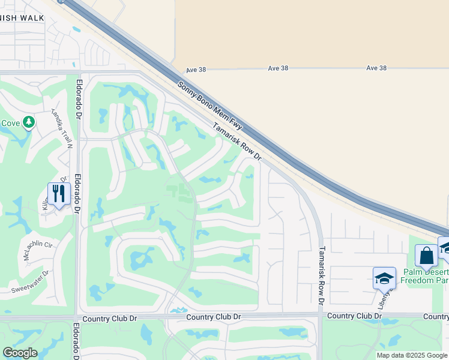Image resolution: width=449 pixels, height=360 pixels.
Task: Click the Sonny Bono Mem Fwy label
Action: tap(210, 107)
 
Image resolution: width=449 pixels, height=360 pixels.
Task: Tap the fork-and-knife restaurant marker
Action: tap(59, 194)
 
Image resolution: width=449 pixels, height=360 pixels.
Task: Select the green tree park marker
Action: tap(28, 123)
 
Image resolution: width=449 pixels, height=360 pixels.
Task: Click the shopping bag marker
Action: tap(426, 256)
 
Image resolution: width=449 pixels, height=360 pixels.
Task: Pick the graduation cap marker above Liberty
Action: tap(384, 278)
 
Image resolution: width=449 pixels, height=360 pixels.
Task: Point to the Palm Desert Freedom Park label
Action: tap(424, 275)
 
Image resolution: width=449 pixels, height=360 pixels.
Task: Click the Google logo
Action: tap(20, 353)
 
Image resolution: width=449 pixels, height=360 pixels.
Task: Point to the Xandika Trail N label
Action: tap(61, 128)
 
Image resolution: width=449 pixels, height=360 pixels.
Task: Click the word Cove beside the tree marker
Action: tap(10, 123)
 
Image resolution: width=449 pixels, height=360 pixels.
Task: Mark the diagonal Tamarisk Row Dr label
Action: tap(238, 142)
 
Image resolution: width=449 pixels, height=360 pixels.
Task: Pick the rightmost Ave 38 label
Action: tap(376, 68)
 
